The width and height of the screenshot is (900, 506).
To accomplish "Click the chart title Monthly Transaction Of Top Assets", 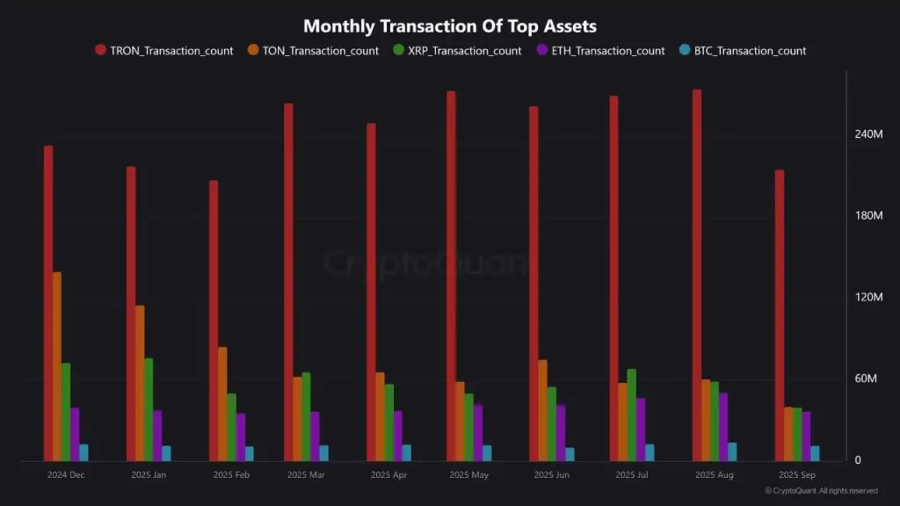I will [449, 26].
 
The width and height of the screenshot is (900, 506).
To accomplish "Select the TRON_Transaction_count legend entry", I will [164, 51].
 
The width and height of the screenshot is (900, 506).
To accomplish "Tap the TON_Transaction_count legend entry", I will [314, 51].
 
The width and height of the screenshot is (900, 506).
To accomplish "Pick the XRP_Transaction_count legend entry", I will [458, 51].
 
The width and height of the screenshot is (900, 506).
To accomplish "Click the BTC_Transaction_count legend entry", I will [742, 51].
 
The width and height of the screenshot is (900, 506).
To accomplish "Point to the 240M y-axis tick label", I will [867, 134].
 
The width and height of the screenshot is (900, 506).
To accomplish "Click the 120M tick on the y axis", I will [867, 298].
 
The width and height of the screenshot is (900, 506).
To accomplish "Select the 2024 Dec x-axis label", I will [66, 475].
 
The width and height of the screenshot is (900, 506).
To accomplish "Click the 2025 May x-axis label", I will [468, 475].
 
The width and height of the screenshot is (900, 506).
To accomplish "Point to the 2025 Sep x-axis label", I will [796, 475].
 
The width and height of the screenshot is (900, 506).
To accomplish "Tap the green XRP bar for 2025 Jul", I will [632, 415].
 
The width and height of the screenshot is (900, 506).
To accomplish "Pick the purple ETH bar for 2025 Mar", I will [315, 436].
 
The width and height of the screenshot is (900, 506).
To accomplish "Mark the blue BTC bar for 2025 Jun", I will [570, 454].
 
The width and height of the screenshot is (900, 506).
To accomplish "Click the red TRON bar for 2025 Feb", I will [214, 321].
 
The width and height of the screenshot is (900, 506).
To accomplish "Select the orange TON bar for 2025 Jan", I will [140, 383].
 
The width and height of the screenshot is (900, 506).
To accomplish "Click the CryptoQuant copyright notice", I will [821, 491].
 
